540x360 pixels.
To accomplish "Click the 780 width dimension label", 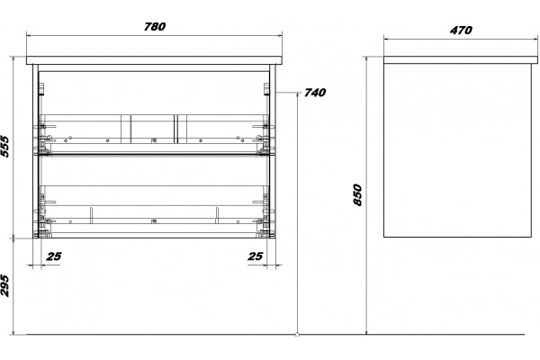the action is pos(155,26).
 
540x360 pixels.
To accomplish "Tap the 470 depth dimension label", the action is pos(461,31).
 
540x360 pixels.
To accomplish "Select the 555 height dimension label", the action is pos(5,147).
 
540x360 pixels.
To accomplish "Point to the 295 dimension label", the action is pos(5,285).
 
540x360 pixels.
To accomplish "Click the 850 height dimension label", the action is pos(358,195).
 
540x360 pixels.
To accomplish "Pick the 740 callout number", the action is pos(315,93).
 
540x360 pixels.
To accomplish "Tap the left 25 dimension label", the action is pos(54,256).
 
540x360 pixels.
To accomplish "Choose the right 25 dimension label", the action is pos(256,256).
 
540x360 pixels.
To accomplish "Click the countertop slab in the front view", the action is pos(154,60).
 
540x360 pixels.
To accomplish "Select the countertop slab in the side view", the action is pos(461,60).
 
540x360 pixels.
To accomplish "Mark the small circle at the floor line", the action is pos(297,334).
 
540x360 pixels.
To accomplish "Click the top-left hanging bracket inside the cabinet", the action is pos(42,88).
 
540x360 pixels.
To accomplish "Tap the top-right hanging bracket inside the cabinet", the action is pos(266,88).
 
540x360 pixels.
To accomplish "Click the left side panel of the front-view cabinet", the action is pos(35,151).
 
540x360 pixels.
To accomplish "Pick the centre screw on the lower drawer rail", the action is pos(154,221).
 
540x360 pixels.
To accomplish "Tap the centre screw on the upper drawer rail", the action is pos(154,140).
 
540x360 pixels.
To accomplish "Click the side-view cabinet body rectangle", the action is pos(458,150).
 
